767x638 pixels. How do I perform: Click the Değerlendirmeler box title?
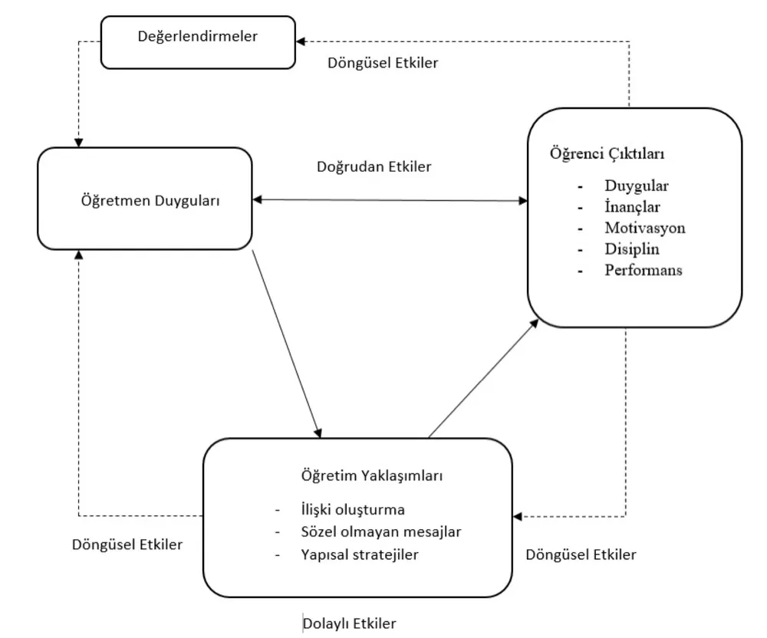(x=198, y=37)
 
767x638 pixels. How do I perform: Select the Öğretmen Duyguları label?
(x=150, y=201)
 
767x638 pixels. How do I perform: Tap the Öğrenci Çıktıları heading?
(x=607, y=153)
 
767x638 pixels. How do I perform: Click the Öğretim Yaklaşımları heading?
(x=372, y=475)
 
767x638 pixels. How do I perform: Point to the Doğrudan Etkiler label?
(x=374, y=166)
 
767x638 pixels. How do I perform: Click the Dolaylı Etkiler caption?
(x=349, y=623)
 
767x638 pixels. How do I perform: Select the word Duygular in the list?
(x=637, y=186)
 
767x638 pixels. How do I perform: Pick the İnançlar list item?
(x=632, y=207)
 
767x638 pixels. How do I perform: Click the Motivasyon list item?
(x=645, y=228)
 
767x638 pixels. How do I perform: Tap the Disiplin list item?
(x=632, y=249)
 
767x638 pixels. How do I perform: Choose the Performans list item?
(x=644, y=270)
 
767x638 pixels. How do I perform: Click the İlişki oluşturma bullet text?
(x=353, y=510)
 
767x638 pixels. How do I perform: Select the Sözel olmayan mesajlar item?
(x=381, y=532)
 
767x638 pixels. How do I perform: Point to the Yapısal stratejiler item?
(x=360, y=555)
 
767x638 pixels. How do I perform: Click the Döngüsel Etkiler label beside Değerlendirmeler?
(x=383, y=63)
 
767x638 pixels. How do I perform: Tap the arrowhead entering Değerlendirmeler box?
(x=301, y=41)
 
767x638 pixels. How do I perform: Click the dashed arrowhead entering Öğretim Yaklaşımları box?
(x=518, y=516)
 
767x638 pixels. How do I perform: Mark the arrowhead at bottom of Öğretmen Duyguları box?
(x=79, y=255)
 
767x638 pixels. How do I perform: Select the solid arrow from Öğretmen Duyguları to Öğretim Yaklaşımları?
(x=287, y=344)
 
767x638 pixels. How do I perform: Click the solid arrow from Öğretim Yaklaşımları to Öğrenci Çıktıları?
(x=483, y=378)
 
